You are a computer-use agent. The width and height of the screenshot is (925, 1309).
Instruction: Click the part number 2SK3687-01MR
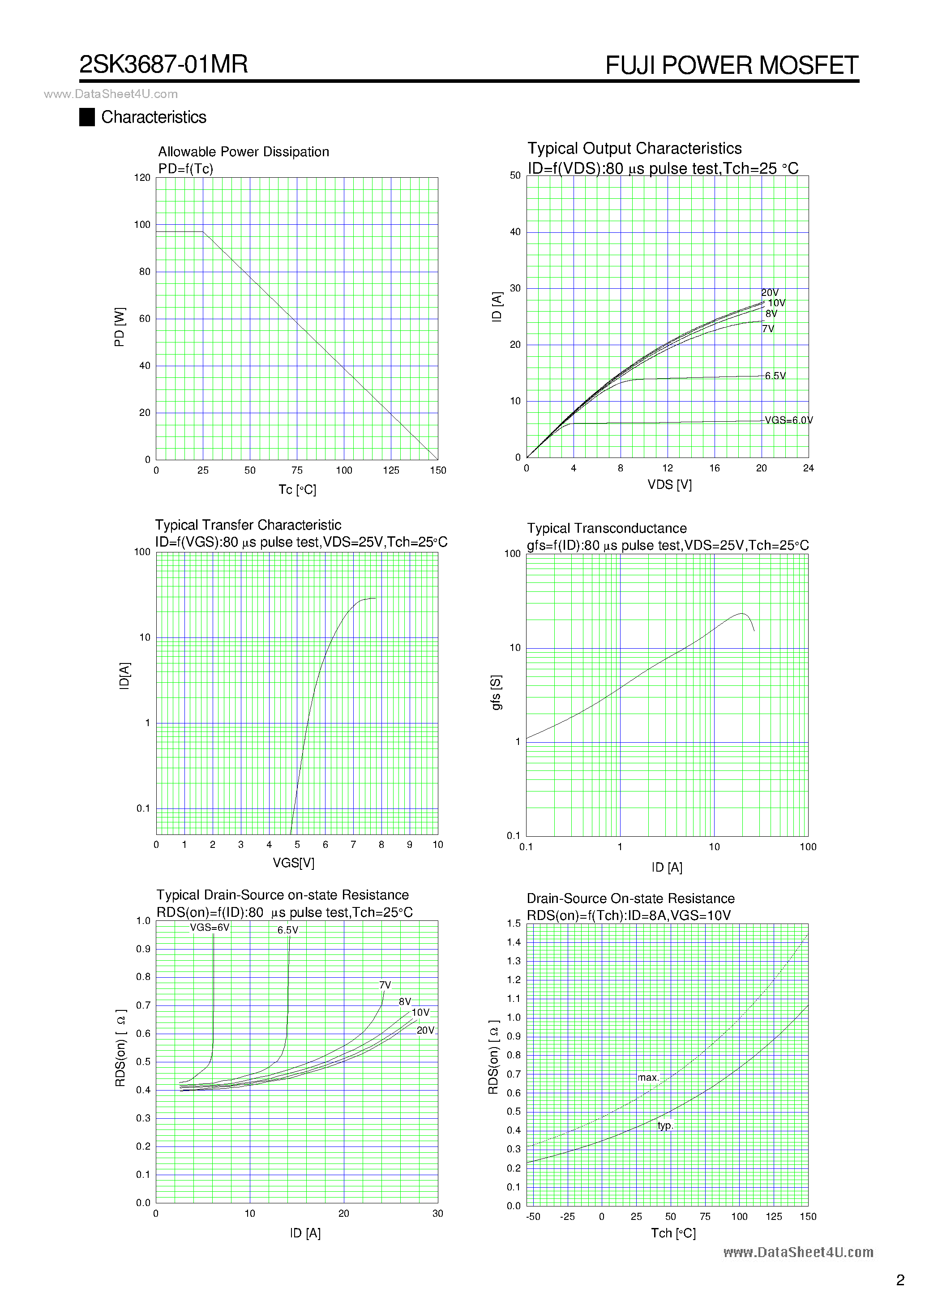pos(164,64)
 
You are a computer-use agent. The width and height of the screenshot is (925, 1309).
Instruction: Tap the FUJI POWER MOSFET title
pos(731,65)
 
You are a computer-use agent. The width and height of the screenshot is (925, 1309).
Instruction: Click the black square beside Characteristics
pos(87,117)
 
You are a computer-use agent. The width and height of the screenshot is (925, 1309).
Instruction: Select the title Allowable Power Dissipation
pos(244,152)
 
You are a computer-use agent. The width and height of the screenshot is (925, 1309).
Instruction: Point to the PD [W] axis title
pos(119,327)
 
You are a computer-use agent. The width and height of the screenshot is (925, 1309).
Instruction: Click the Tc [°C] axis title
pos(297,490)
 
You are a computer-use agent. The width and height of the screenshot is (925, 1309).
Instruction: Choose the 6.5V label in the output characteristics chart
pos(775,376)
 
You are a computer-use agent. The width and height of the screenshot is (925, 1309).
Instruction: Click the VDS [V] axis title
pos(669,484)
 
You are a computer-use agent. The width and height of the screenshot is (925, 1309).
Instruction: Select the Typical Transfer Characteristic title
pos(248,525)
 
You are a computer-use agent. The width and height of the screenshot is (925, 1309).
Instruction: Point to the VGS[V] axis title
pos(293,863)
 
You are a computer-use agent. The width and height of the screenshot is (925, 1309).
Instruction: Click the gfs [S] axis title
pos(496,693)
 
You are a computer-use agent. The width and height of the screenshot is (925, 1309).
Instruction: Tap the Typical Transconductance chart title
pos(607,529)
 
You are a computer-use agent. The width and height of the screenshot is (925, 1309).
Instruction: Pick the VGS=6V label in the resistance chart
pos(209,928)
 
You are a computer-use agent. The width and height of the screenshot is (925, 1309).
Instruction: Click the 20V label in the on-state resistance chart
pos(425,1030)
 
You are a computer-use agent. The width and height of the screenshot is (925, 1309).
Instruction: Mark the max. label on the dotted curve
pos(648,1078)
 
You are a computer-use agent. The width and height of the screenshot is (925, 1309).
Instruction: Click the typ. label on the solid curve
pos(665,1125)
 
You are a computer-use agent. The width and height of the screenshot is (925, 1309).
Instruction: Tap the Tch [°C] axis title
pos(673,1233)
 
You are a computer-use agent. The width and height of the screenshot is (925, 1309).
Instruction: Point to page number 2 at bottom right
pos(900,1280)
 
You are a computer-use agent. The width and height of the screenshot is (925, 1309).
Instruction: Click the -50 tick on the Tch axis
pos(533,1217)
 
